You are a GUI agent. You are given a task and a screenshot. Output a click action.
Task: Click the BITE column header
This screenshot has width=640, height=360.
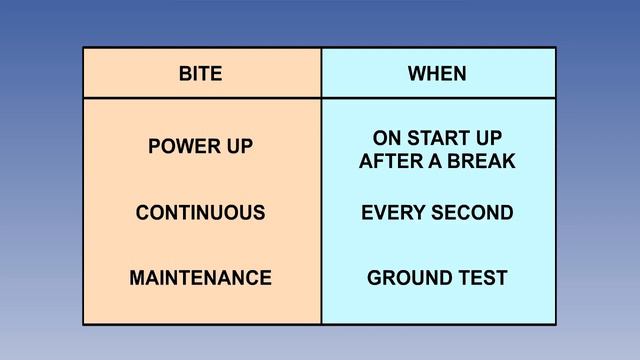pos(200,74)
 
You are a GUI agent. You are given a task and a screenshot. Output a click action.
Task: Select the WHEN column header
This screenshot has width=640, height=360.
pos(437,74)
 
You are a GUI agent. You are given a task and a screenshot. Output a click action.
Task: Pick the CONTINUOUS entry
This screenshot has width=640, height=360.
pos(200,213)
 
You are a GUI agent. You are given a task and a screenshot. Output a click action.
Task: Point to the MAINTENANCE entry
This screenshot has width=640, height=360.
pos(200,278)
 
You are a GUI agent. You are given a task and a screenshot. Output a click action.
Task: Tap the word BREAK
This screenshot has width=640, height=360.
pos(481,161)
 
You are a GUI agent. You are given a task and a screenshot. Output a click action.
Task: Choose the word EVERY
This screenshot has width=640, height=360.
pos(391,213)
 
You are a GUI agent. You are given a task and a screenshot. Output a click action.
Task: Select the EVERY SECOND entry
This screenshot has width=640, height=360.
pos(437,213)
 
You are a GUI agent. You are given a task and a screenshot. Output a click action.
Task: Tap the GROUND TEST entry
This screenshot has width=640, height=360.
pos(437,278)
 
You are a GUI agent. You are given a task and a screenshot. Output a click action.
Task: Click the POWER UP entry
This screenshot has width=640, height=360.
pos(200,146)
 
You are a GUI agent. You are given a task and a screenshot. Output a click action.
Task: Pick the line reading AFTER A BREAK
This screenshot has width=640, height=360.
pos(437,161)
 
